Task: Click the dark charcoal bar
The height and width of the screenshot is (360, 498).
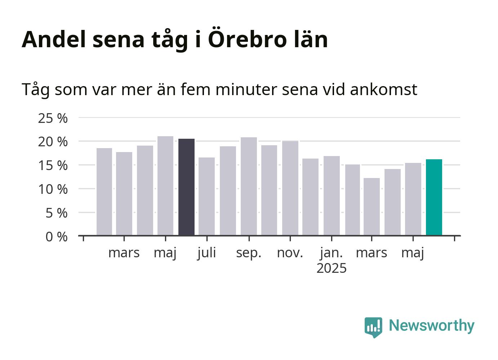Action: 186,187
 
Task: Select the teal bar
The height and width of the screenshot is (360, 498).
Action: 434,197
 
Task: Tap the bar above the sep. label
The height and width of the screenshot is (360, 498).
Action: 249,186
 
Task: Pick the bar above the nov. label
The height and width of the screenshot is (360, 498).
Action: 290,188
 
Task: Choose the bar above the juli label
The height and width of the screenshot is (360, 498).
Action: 206,196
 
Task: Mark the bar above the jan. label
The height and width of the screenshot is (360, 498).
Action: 332,196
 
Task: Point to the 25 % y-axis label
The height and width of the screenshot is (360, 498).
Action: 53,118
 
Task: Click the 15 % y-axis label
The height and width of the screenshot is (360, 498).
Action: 53,166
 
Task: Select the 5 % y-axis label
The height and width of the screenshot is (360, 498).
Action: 57,213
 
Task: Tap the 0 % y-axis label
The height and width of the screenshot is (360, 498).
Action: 57,237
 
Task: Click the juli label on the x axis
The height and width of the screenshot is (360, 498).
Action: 207,253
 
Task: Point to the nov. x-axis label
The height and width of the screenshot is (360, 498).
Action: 290,253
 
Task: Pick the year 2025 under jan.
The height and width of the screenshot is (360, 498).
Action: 332,268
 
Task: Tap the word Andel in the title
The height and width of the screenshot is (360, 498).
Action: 54,39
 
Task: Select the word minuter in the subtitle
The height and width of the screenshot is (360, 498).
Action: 246,90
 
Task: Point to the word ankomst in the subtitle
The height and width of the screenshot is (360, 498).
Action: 383,90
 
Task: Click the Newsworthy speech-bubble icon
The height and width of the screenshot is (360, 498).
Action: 373,328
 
